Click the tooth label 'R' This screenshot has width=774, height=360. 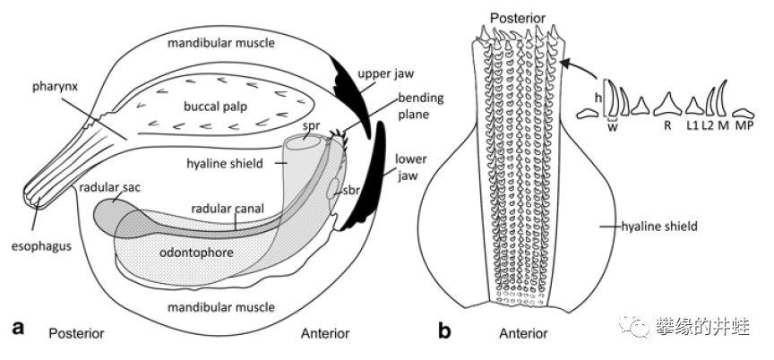pos(667,125)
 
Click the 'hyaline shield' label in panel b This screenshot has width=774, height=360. pos(661,227)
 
